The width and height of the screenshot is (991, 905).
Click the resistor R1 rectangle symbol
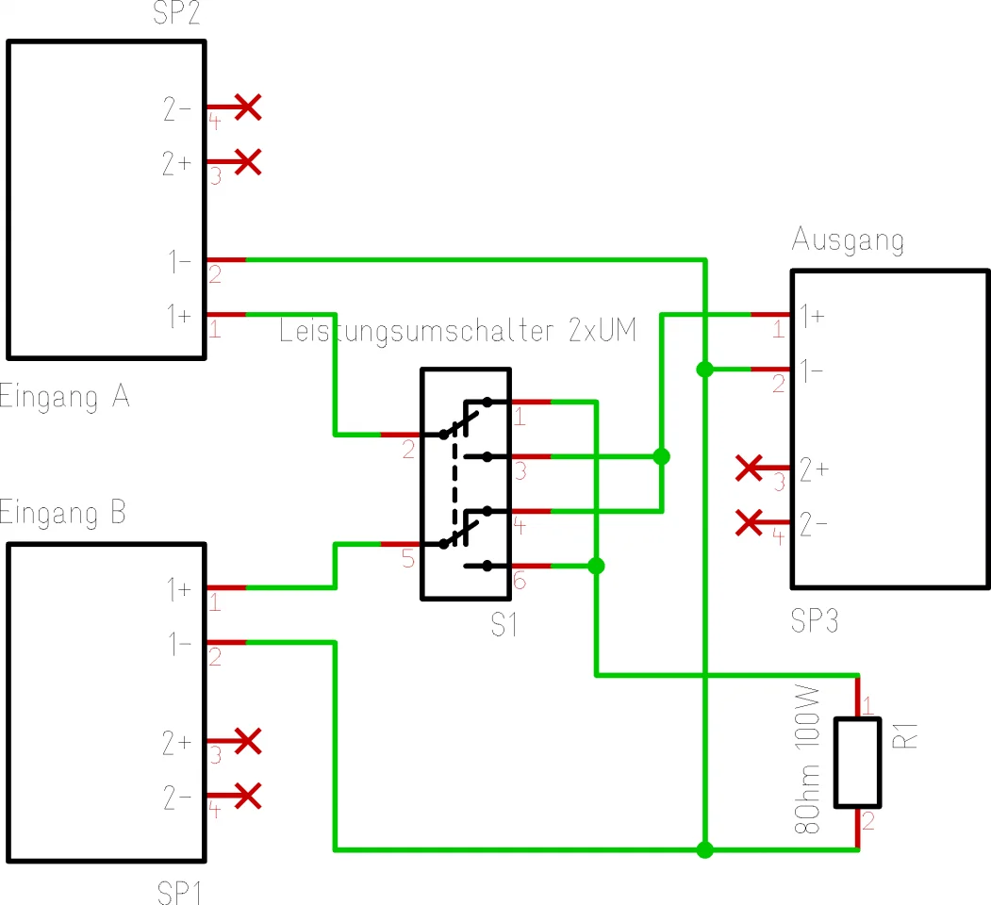click(857, 763)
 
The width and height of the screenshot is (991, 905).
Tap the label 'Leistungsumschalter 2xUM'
click(458, 332)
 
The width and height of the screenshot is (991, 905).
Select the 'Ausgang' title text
click(847, 240)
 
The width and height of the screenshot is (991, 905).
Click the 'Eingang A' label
click(64, 397)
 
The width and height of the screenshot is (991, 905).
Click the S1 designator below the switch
click(504, 624)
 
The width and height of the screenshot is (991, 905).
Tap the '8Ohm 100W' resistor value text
click(807, 763)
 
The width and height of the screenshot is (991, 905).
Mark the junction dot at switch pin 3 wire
click(661, 456)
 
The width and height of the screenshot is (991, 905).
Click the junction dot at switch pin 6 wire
click(595, 566)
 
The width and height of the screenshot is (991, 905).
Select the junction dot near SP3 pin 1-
click(703, 369)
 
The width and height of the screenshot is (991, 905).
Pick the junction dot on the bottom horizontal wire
click(703, 849)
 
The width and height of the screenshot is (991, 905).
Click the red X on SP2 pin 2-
click(247, 107)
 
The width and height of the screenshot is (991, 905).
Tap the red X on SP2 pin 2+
click(247, 162)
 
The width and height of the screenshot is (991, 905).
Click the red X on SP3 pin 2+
click(750, 467)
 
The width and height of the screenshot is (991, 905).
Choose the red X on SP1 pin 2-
click(247, 797)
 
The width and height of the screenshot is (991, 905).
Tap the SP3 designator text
click(814, 621)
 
